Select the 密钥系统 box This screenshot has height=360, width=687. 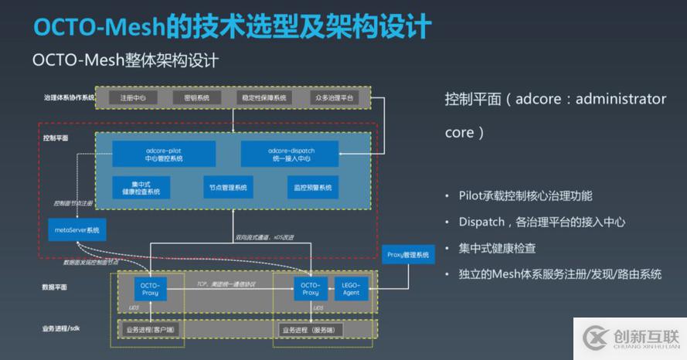[x=196, y=98]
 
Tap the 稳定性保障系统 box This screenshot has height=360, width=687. [x=265, y=98]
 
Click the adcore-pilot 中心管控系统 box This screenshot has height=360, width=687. [x=163, y=154]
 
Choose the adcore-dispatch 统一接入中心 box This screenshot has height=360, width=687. [x=289, y=154]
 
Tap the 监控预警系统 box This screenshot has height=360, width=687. [x=313, y=188]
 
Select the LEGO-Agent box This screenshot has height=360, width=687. [x=352, y=288]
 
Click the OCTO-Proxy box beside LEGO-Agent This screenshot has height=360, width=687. [x=310, y=288]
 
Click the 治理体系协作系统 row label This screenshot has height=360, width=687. [x=69, y=98]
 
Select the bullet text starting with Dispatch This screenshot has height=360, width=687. [x=541, y=222]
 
